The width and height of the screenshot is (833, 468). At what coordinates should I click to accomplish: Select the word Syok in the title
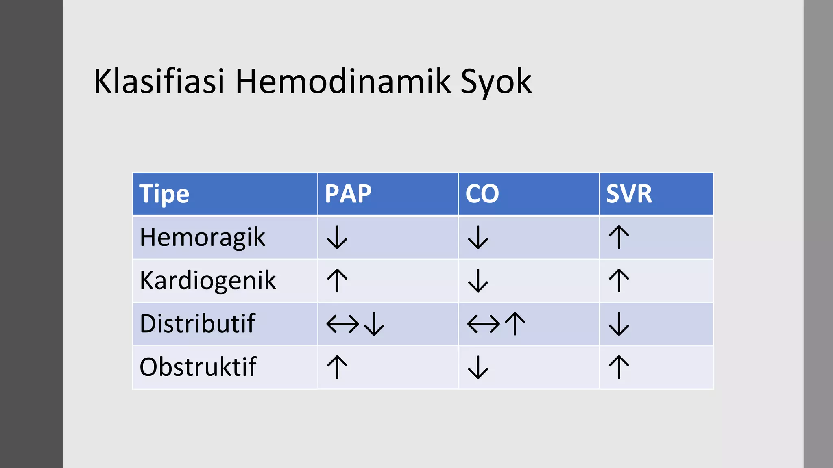click(x=495, y=82)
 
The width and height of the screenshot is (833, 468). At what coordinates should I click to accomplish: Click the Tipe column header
click(x=164, y=194)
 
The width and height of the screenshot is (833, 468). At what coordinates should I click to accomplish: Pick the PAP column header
click(x=348, y=194)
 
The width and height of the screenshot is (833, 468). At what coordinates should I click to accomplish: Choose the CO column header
click(x=482, y=194)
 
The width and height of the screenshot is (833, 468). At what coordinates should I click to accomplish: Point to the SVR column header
click(x=629, y=194)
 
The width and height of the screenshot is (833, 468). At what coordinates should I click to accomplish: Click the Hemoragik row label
click(x=202, y=238)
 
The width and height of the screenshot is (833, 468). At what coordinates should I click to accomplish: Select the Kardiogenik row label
click(x=207, y=281)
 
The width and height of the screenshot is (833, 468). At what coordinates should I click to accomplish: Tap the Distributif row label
click(x=197, y=324)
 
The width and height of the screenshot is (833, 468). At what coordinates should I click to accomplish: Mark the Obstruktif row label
click(x=198, y=367)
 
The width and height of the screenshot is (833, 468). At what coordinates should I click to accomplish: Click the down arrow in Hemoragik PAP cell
click(x=337, y=238)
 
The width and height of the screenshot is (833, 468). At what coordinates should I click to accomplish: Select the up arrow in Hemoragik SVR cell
click(x=619, y=237)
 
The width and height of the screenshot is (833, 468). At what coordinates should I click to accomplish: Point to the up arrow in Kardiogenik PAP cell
click(x=337, y=280)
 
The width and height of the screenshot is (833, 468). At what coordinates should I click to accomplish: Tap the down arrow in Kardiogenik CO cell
click(x=478, y=281)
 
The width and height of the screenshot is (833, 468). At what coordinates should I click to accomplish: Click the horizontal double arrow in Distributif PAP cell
click(x=342, y=324)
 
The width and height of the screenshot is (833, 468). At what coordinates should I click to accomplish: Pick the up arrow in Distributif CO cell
click(x=515, y=323)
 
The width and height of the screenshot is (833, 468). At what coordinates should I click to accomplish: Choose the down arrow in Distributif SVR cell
click(x=619, y=324)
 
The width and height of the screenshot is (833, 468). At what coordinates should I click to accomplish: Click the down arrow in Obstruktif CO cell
click(x=478, y=367)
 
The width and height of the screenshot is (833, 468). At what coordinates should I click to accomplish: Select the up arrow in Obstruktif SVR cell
click(x=619, y=367)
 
